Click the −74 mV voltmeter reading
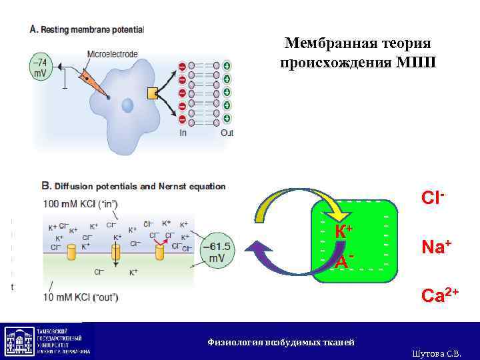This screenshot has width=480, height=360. point(40,67)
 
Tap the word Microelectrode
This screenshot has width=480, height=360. point(112,53)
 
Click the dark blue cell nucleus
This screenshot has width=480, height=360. point(127,104)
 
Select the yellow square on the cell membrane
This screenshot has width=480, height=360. point(153,92)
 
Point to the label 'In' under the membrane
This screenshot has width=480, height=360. point(183,132)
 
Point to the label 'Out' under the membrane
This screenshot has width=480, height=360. point(227,132)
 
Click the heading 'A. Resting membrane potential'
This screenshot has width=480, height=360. point(87,30)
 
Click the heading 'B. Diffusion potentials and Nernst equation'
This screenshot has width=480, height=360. point(133,187)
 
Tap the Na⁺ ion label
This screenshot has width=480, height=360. point(437,247)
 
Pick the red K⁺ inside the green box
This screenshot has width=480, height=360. point(343,231)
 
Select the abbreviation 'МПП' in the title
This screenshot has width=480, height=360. point(415,63)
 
